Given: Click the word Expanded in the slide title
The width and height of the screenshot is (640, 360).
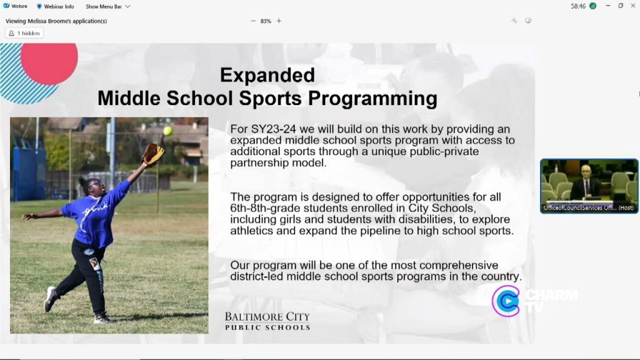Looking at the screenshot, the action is [x=267, y=75].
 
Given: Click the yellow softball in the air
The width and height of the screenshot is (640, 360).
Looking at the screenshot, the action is [x=167, y=131].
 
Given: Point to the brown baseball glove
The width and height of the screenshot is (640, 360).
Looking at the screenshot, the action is [x=153, y=154].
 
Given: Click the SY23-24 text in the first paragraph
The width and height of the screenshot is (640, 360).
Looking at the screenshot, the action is [x=273, y=129].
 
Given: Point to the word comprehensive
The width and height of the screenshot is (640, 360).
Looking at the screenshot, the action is [x=445, y=265].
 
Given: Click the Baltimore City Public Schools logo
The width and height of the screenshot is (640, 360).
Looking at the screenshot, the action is [x=267, y=321].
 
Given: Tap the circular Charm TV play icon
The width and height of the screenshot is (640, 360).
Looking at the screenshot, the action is [x=506, y=301].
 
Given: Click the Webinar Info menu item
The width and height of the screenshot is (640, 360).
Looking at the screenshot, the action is [x=56, y=6].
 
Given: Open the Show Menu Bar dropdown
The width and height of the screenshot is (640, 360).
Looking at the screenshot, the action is [x=107, y=6].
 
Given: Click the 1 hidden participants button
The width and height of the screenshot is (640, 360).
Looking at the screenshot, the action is [x=24, y=33].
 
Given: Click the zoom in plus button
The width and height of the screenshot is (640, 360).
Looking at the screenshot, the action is [x=279, y=21].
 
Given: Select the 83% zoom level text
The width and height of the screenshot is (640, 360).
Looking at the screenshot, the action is [x=266, y=21].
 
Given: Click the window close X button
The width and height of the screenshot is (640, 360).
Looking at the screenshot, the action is [x=632, y=6].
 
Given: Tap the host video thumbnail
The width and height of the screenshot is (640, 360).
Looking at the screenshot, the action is [x=589, y=186].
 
